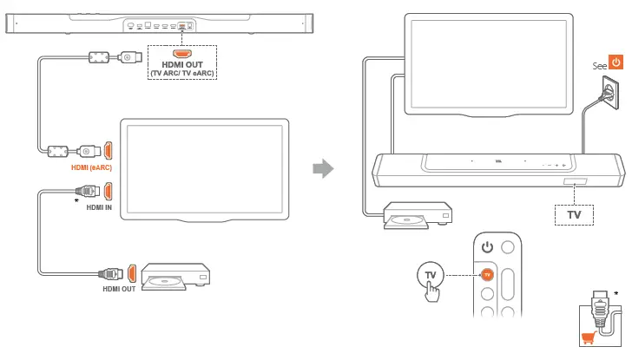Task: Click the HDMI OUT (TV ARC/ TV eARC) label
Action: [x=181, y=69]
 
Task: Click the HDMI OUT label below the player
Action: [x=120, y=289]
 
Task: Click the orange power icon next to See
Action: [x=616, y=62]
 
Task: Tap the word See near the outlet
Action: [x=598, y=65]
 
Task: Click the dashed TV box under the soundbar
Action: [x=574, y=212]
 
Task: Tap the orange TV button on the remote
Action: [x=487, y=275]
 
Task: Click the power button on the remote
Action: [x=487, y=248]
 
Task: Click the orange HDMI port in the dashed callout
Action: [x=181, y=54]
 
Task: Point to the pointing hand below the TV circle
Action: [x=431, y=291]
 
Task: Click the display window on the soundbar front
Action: [x=574, y=182]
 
